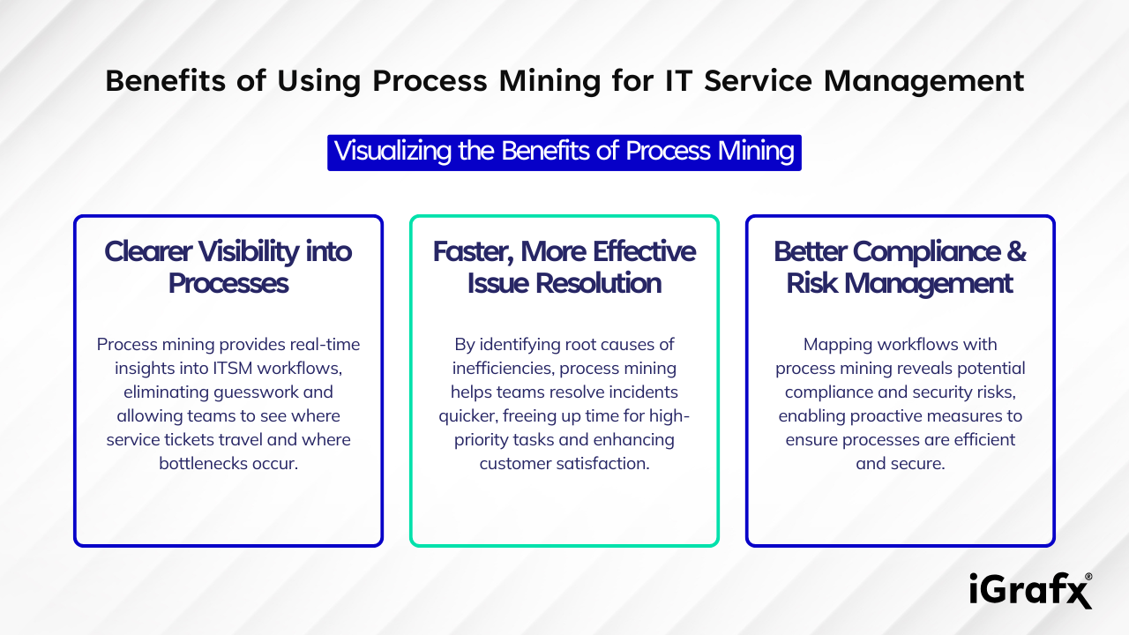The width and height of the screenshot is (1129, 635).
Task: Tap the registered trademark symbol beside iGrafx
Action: point(1088,576)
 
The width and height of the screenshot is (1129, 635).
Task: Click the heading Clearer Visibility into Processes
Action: point(228,267)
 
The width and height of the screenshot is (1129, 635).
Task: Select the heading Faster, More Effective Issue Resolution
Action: point(564,267)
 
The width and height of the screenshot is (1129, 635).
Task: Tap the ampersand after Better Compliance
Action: point(1017,251)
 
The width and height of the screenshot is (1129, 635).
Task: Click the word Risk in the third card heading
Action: point(814,284)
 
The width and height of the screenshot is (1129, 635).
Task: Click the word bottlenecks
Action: point(201,463)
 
